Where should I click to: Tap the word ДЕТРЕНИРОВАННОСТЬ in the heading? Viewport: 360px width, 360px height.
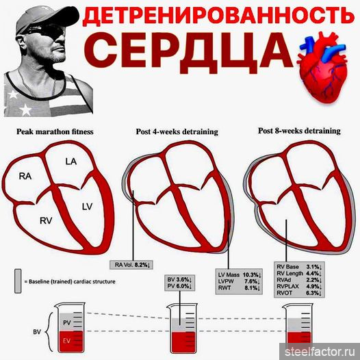(x=218, y=16)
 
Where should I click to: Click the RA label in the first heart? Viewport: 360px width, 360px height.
(x=25, y=177)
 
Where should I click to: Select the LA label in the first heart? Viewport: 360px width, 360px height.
(x=71, y=162)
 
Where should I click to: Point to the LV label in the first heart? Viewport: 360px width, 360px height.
(x=87, y=207)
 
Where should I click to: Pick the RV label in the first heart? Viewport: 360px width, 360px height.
(x=46, y=220)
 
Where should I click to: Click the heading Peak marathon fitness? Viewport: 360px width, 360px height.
(x=55, y=132)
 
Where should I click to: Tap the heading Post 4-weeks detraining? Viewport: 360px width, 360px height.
(x=177, y=132)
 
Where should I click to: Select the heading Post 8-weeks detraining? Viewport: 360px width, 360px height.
(x=299, y=131)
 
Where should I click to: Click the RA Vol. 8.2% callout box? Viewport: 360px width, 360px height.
(x=131, y=265)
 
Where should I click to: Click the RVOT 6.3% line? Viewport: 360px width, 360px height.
(x=299, y=293)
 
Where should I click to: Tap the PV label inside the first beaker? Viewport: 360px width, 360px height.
(x=67, y=322)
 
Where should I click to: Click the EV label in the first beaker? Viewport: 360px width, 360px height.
(x=66, y=341)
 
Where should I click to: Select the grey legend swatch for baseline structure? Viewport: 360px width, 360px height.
(x=18, y=281)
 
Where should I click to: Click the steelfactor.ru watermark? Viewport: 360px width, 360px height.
(x=320, y=352)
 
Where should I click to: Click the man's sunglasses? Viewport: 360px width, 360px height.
(x=44, y=32)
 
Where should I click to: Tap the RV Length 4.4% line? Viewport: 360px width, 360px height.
(x=299, y=274)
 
